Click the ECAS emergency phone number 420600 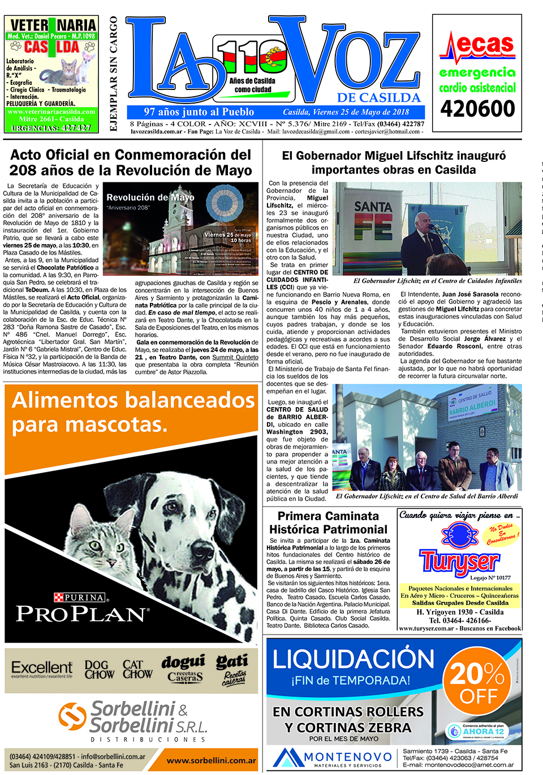coord(477,109)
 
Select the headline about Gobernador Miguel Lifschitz coord(394,162)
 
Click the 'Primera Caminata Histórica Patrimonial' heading coord(328,523)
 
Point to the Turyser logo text coord(459,561)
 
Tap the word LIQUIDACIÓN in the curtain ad coord(354,660)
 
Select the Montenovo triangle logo coord(287,757)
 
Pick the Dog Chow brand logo coord(99,670)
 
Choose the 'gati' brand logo coord(232,662)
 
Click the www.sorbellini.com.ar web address coord(211,760)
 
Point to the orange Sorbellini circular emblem coord(72,717)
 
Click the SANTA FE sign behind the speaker coord(373,221)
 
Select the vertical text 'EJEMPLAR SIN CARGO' coord(114,74)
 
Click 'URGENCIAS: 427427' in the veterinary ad coord(51,128)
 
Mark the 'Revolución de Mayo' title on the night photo coord(150,198)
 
